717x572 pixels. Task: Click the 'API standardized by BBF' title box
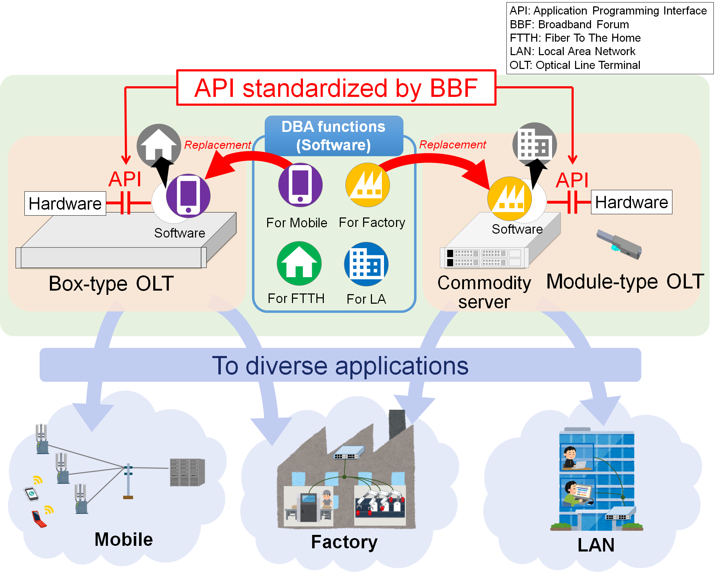(x=336, y=88)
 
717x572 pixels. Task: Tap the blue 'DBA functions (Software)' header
(x=334, y=136)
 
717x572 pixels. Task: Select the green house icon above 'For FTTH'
(x=299, y=263)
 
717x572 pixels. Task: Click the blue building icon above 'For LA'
(x=366, y=264)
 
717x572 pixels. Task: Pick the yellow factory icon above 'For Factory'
(x=368, y=185)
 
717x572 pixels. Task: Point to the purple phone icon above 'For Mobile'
(x=300, y=185)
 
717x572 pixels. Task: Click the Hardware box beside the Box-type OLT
(x=65, y=204)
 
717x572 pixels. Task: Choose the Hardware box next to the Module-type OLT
(x=631, y=202)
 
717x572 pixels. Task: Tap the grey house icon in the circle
(x=159, y=145)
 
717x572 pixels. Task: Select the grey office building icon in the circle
(x=534, y=144)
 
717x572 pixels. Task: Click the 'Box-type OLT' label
(x=111, y=284)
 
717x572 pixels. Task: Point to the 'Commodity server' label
(x=484, y=292)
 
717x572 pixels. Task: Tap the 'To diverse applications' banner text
(x=340, y=365)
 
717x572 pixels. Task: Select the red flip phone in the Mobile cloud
(x=38, y=519)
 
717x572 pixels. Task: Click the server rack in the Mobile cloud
(x=187, y=472)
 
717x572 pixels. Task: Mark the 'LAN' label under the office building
(x=596, y=545)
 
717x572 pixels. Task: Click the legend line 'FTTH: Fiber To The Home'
(x=575, y=38)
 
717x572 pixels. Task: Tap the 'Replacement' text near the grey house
(x=217, y=145)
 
